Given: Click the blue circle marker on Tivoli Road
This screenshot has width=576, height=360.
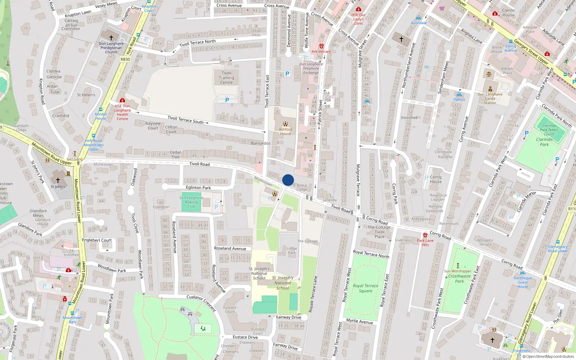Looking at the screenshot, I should tap(288, 180).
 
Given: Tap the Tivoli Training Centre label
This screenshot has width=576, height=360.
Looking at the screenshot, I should tap(226, 78).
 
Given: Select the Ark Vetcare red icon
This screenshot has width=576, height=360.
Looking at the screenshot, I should tap(321, 46).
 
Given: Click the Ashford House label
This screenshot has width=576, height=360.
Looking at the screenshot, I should tap(285, 131).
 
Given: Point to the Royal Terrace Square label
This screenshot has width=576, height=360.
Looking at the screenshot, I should tap(365, 288).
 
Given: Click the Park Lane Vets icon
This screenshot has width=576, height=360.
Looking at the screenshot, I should tap(425, 235).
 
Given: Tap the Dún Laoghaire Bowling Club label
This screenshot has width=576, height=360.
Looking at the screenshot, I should tap(191, 202).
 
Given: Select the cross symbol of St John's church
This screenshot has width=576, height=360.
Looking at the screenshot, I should tap(58, 180).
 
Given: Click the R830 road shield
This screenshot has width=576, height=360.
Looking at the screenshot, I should tap(125, 59).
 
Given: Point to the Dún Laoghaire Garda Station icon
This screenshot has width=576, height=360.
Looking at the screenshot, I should tap(490, 89).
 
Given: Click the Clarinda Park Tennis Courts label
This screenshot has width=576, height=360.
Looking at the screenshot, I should tap(549, 130).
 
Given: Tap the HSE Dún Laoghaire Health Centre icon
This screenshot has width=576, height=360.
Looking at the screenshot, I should tap(122, 100).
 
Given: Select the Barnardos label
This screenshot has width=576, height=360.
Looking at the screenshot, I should tap(261, 143).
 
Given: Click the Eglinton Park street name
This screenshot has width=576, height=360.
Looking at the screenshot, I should tap(198, 188).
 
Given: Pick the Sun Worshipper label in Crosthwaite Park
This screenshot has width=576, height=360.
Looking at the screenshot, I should tap(458, 271).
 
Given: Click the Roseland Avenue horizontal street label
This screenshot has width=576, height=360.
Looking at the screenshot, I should tap(230, 248).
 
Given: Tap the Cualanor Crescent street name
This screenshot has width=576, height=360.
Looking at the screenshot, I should tap(201, 302).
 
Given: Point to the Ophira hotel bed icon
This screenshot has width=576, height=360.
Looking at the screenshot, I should tap(459, 95).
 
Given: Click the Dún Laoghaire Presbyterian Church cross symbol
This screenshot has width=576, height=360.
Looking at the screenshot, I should tap(111, 37).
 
